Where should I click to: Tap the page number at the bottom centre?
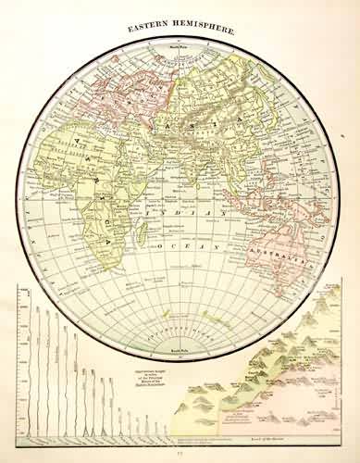pos(180,456)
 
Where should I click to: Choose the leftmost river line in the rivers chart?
pos(25,370)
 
